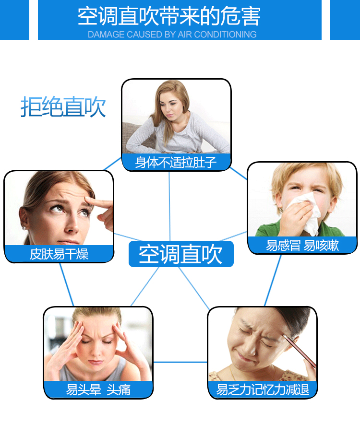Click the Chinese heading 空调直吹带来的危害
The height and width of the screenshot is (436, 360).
pyautogui.click(x=169, y=16)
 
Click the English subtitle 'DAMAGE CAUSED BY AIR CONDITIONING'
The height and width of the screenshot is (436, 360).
pyautogui.click(x=172, y=35)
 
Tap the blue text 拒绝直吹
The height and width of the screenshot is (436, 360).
pyautogui.click(x=63, y=106)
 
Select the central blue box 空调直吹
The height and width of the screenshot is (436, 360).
pyautogui.click(x=181, y=254)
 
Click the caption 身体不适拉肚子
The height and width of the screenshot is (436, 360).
pyautogui.click(x=176, y=162)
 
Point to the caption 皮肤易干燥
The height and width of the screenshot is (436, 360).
pyautogui.click(x=59, y=254)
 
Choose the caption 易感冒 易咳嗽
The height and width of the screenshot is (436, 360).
pyautogui.click(x=302, y=245)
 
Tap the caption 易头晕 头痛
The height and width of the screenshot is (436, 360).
pyautogui.click(x=98, y=389)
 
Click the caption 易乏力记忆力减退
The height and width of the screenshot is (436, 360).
pyautogui.click(x=263, y=389)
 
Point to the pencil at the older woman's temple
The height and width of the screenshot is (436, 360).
pyautogui.click(x=300, y=351)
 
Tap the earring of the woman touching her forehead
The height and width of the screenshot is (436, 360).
pyautogui.click(x=24, y=228)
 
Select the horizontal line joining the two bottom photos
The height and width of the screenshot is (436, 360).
pyautogui.click(x=180, y=362)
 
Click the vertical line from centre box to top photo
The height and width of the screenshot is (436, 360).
pyautogui.click(x=169, y=206)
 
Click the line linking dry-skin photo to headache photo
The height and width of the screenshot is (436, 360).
pyautogui.click(x=67, y=284)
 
